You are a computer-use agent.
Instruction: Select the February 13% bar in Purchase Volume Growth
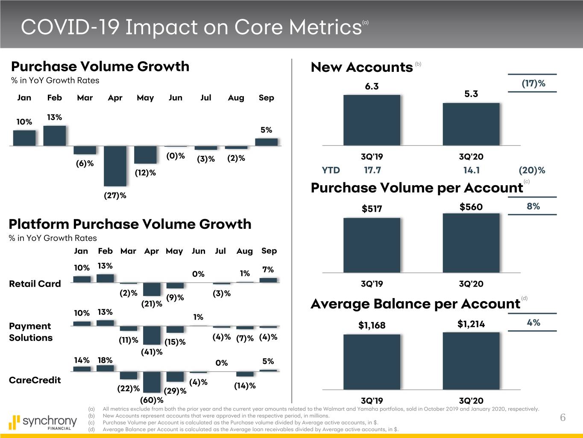(55, 135)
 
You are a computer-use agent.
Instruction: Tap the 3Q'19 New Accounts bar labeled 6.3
(372, 120)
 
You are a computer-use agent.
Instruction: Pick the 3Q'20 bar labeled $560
(471, 243)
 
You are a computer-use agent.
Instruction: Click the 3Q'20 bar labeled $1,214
(471, 361)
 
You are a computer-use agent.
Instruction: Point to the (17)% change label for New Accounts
(533, 83)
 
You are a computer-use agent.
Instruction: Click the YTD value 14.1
(471, 170)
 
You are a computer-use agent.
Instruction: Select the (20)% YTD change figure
(532, 170)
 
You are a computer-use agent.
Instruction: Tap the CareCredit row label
(35, 380)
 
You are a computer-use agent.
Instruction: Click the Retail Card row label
(35, 284)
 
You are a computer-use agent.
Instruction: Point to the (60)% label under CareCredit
(152, 400)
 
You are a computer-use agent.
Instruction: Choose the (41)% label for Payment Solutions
(152, 352)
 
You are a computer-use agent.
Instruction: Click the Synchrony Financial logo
(43, 422)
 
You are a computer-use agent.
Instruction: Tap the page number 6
(562, 417)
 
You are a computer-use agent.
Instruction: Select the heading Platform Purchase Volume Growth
(130, 224)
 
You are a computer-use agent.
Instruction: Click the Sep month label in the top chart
(266, 98)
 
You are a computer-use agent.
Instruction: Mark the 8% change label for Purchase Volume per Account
(533, 206)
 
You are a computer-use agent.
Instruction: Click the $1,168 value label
(372, 326)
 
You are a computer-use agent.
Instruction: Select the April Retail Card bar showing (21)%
(152, 289)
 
